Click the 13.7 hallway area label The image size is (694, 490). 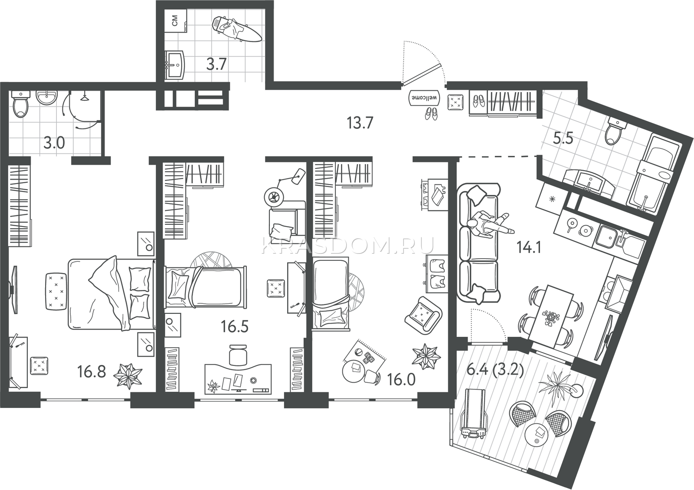click(360, 123)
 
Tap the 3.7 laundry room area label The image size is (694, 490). click(217, 65)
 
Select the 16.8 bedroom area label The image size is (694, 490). click(92, 372)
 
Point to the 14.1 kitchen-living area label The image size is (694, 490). click(529, 248)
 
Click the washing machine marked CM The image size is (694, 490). click(175, 21)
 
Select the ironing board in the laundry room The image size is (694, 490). click(237, 29)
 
